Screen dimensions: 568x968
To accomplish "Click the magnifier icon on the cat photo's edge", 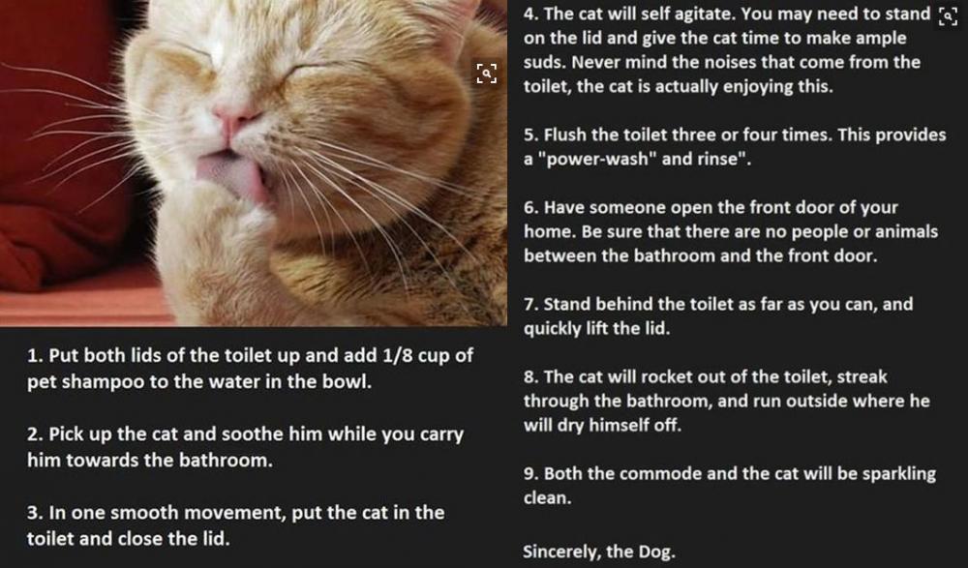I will point(486,73).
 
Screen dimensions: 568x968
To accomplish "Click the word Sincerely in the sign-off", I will point(560,552).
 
